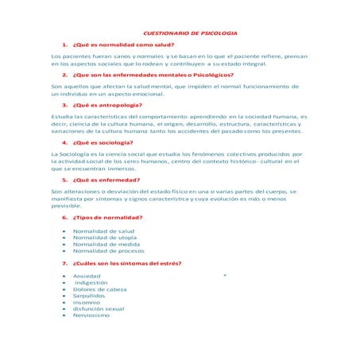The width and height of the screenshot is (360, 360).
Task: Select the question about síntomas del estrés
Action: tap(127, 262)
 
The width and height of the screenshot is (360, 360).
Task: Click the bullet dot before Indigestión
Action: tap(63, 282)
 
